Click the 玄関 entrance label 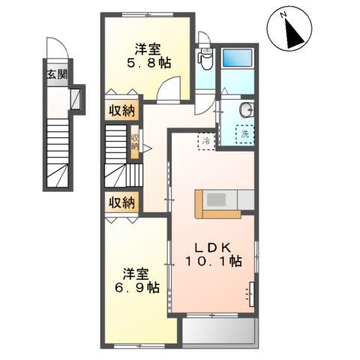(x=55, y=74)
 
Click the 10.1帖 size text (x=214, y=262)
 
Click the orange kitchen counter (x=217, y=203)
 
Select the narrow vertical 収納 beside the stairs (x=135, y=142)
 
